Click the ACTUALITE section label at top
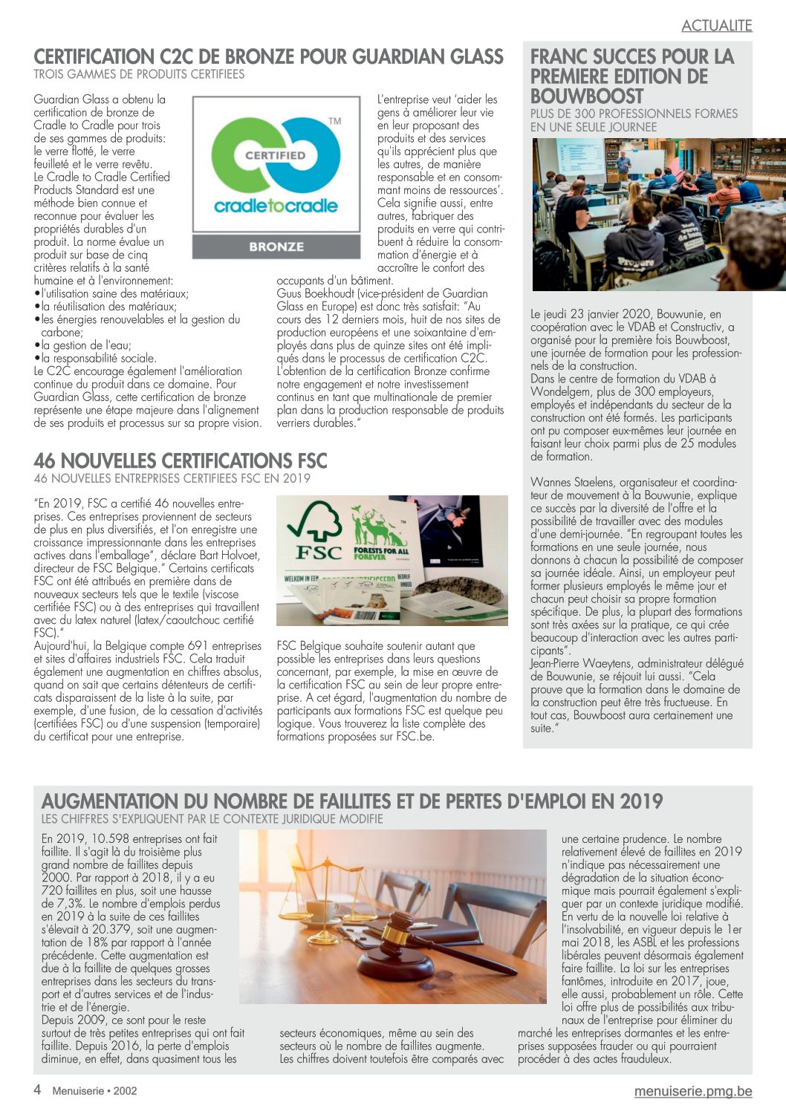(x=716, y=25)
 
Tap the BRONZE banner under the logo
(x=276, y=247)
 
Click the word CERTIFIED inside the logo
(x=276, y=155)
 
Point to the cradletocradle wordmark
(x=276, y=206)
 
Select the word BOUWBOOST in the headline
(x=587, y=97)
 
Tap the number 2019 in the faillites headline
(x=640, y=801)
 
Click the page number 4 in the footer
(x=37, y=1089)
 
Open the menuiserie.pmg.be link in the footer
(x=692, y=1091)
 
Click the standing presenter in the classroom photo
(x=624, y=168)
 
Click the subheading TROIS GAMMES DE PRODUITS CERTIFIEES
(x=139, y=74)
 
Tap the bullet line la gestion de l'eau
(x=86, y=345)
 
